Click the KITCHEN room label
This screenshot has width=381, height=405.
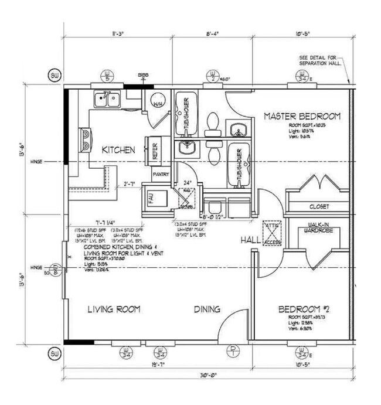119,150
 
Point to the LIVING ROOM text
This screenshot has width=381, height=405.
114,309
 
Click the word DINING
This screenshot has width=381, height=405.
207,309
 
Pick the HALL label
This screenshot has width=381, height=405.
250,241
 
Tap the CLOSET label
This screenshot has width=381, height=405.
319,207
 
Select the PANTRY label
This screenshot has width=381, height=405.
161,175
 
